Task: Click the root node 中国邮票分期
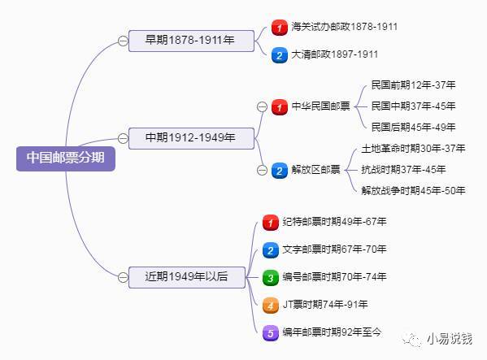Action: tap(66, 158)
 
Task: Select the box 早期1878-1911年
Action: tap(191, 41)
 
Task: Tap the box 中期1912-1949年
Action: tap(191, 138)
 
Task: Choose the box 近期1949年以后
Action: tap(187, 277)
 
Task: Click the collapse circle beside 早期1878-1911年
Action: tap(123, 41)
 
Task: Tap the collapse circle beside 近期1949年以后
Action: tap(123, 277)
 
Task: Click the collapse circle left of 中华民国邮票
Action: tap(262, 107)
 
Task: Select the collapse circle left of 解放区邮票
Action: tap(262, 170)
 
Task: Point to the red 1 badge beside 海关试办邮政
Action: tap(279, 28)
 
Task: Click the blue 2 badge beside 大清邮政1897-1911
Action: tap(279, 55)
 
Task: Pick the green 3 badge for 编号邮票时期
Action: tap(271, 277)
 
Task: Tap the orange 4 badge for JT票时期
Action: tap(271, 306)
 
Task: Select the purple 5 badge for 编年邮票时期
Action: tap(271, 333)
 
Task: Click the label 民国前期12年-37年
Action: tap(413, 85)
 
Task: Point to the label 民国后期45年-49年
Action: tap(413, 127)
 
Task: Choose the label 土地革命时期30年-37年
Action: tap(413, 149)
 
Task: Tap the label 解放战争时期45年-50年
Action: tap(413, 190)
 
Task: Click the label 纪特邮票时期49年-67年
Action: tap(334, 222)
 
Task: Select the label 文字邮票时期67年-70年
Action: tap(334, 249)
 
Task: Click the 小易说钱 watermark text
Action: tap(449, 339)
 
